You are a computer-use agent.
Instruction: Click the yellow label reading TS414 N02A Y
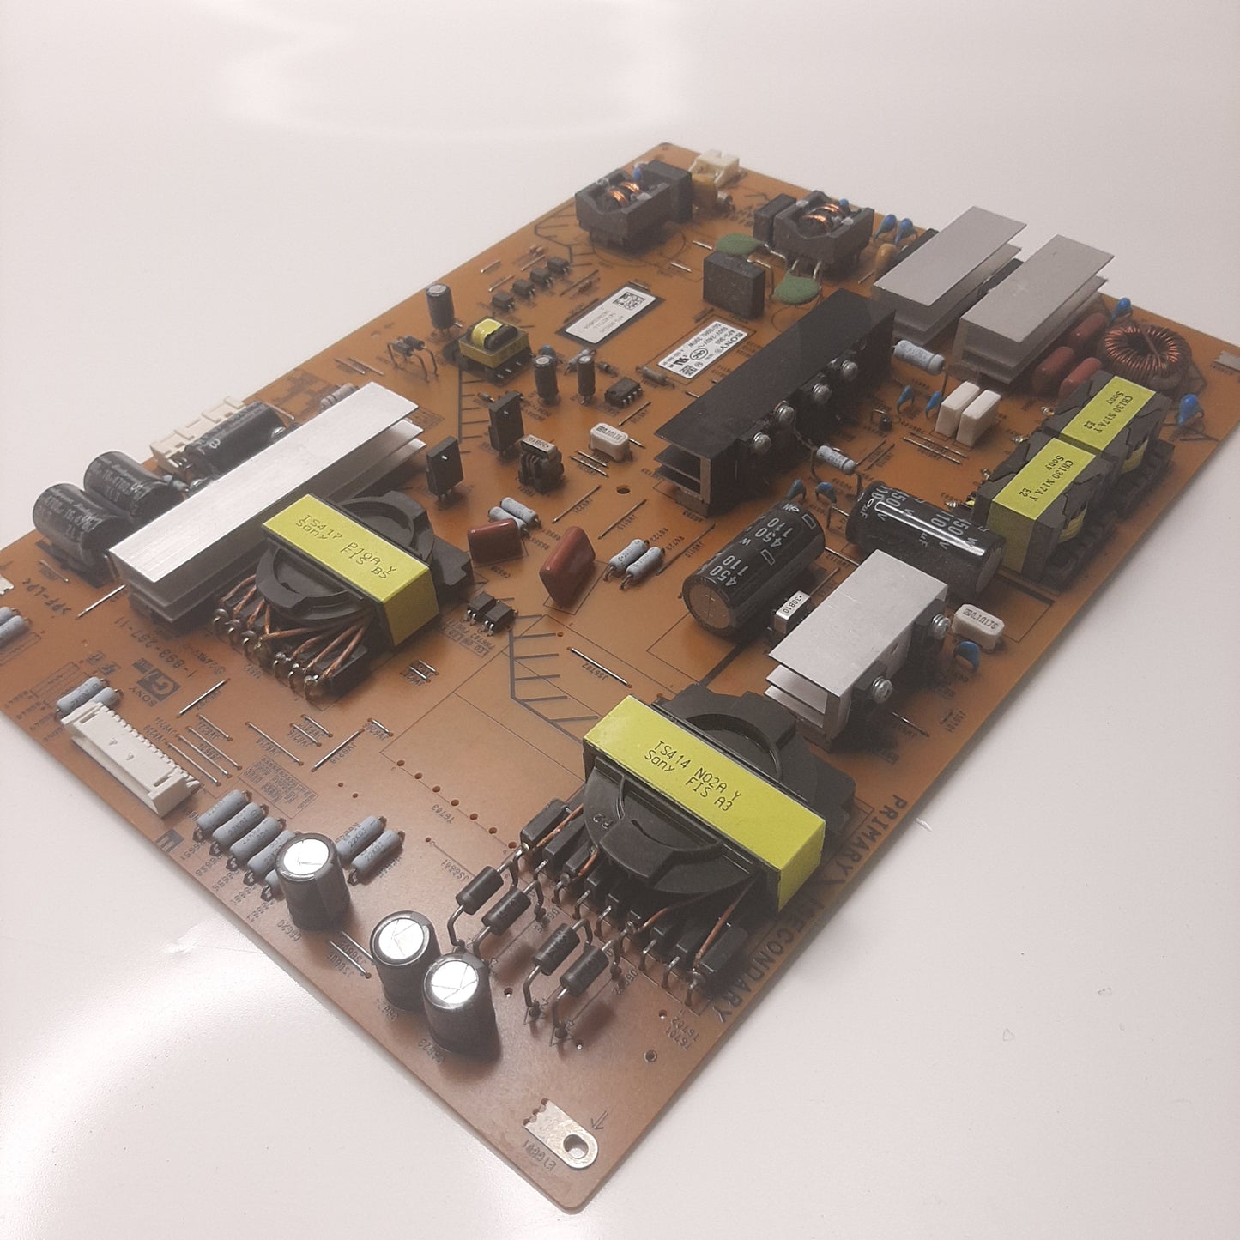(x=704, y=798)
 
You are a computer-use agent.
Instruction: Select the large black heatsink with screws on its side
(x=772, y=386)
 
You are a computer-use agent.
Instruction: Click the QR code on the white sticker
(x=632, y=302)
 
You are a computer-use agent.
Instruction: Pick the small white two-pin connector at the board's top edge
(x=714, y=165)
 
